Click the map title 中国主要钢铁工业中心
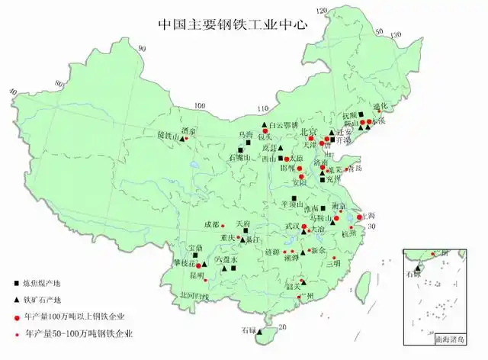click(232, 24)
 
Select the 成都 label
click(211, 224)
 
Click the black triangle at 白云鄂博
click(263, 124)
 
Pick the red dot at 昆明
click(205, 279)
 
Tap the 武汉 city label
click(292, 226)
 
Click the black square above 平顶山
click(294, 198)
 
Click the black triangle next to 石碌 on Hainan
click(260, 332)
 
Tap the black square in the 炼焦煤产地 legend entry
click(17, 284)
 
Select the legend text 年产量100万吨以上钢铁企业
click(75, 316)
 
